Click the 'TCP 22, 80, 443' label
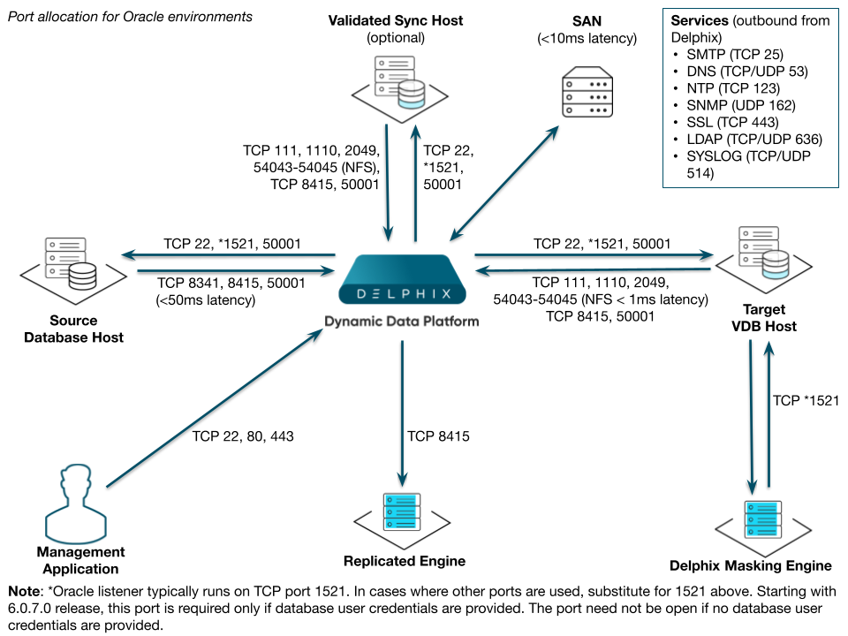242,435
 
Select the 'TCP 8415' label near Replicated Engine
438,435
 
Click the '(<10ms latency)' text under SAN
587,38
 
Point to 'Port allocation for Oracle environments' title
130,17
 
